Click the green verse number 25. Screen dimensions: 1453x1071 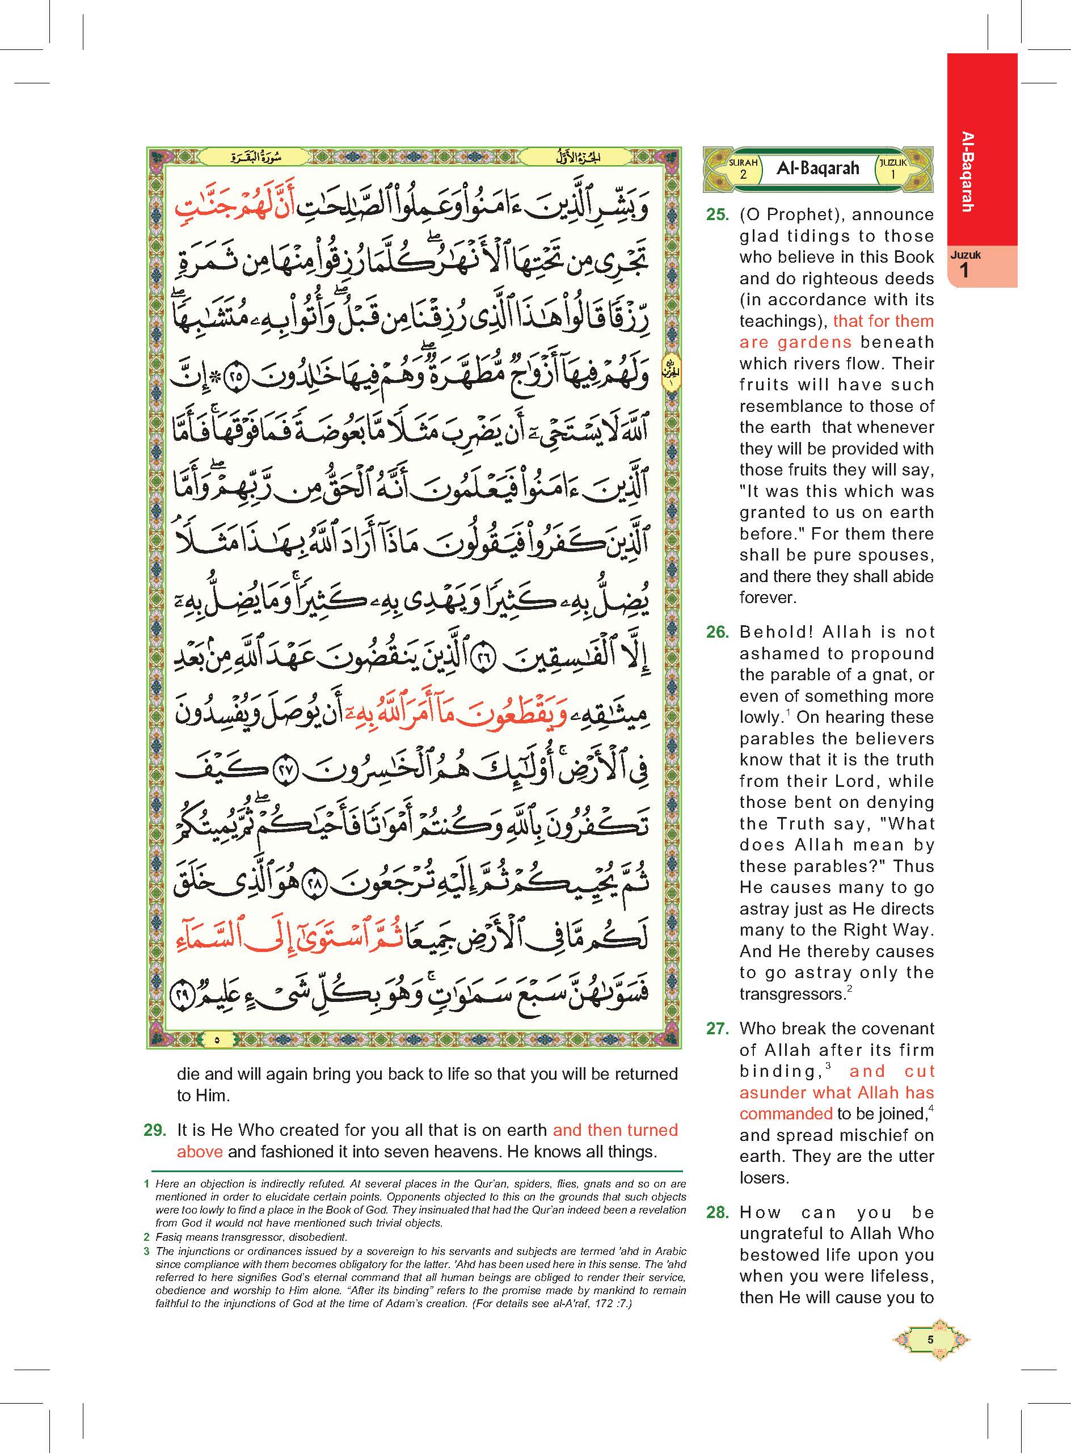717,215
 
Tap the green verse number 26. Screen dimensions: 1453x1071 717,632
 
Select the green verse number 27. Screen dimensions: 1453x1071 717,1028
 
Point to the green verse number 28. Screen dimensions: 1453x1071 717,1212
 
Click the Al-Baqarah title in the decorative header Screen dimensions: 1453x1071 817,169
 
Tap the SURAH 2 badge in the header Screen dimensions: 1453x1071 743,169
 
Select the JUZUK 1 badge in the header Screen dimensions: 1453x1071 893,169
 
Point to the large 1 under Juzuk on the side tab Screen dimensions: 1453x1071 964,271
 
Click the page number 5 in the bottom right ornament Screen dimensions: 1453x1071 930,1340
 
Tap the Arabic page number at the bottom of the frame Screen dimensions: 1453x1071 217,1039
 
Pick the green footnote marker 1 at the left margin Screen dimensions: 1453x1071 146,1184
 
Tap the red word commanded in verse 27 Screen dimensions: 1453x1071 786,1114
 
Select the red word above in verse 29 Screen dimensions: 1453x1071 200,1152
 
